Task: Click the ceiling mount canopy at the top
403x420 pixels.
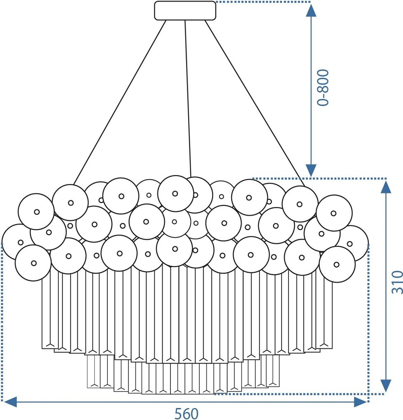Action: pos(185,11)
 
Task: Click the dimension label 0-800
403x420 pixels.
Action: pos(324,88)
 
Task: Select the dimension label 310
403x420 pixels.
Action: pos(396,282)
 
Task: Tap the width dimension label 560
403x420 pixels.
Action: pos(186,413)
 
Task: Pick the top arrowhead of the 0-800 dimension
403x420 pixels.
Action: pos(312,10)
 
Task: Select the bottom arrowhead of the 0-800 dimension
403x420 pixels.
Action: pos(312,170)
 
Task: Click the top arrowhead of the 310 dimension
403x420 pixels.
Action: pos(386,187)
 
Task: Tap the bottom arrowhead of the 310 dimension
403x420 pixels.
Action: pos(386,385)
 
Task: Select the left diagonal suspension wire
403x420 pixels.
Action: pos(119,103)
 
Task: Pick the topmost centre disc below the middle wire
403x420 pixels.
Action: pos(175,193)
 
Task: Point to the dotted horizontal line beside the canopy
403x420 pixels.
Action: pos(263,2)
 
